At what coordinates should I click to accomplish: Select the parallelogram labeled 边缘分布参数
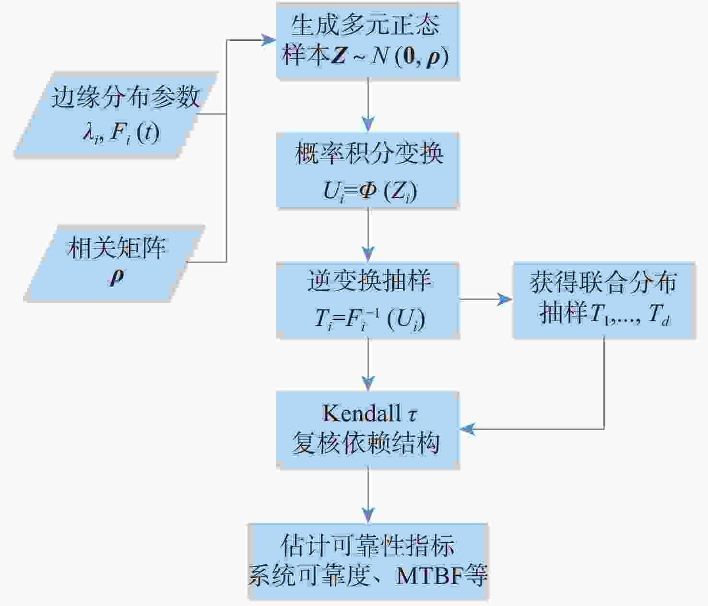pos(116,114)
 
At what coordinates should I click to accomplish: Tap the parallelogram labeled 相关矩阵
pos(115,263)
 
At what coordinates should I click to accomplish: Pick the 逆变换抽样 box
pos(368,300)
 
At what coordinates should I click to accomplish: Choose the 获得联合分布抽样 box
pos(604,300)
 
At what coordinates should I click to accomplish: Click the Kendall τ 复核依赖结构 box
pos(368,430)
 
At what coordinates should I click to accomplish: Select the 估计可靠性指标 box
pos(368,562)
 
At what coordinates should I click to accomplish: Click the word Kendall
pos(361,413)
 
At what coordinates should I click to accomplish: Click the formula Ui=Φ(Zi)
pos(370,191)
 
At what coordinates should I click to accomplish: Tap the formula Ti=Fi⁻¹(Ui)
pos(370,319)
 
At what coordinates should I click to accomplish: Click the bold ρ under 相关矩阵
pos(117,277)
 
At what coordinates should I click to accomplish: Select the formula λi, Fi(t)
pos(121,133)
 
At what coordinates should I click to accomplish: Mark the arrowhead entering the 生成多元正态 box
pos(269,40)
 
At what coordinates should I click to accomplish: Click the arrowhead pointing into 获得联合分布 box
pos(505,299)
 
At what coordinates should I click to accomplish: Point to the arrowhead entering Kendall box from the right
pos(467,429)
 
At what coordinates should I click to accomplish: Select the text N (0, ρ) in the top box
pos(410,56)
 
